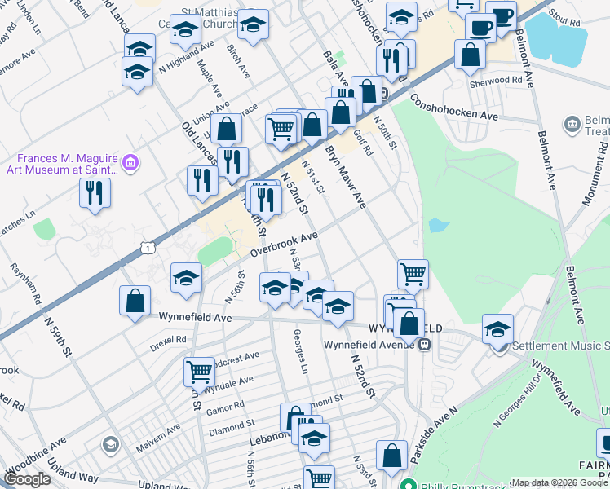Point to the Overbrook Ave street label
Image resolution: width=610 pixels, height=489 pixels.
(283, 243)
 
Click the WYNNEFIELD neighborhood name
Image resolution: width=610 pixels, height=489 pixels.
(405, 328)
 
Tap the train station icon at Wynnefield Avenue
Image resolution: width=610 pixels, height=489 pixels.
(424, 346)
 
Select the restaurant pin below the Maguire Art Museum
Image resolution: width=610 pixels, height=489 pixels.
(95, 193)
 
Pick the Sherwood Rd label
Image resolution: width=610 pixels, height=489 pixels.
(495, 81)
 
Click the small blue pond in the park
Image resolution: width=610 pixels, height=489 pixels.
(437, 226)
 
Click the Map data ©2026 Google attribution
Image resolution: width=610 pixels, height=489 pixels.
(559, 482)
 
